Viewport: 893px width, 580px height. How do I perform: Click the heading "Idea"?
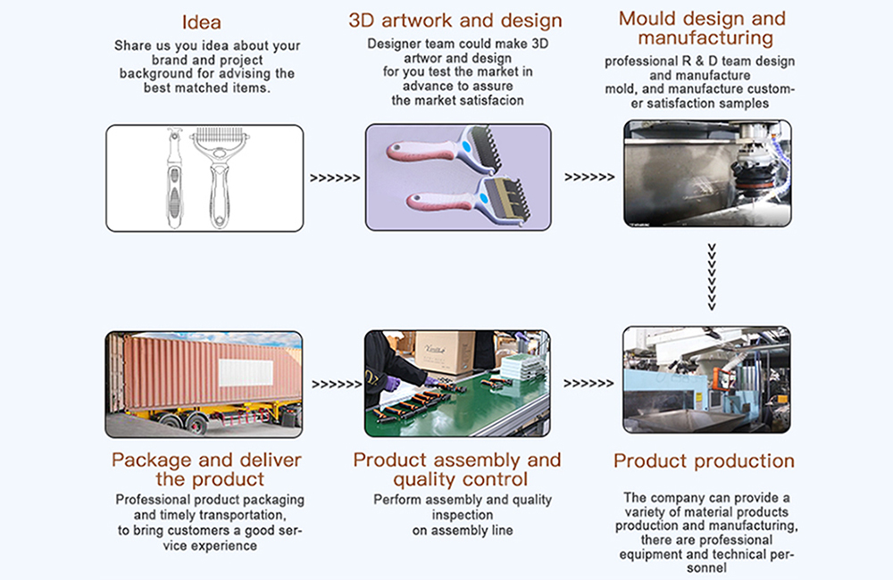[202, 21]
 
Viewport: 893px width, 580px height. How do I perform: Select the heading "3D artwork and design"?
[455, 21]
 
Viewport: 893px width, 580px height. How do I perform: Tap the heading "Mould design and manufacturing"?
[702, 28]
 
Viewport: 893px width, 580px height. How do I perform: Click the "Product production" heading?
[704, 461]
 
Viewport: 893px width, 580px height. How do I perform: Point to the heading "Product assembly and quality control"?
[457, 470]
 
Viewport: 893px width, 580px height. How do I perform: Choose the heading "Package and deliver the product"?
[206, 470]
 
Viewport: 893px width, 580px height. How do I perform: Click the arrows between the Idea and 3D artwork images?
[335, 178]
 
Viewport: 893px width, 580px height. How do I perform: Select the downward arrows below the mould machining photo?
[712, 277]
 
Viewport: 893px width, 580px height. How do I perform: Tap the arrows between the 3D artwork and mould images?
[589, 178]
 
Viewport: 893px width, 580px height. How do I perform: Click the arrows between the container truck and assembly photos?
[335, 385]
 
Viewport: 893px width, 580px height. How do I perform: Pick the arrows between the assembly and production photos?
[589, 385]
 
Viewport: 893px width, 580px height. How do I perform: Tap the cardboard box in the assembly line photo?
[444, 352]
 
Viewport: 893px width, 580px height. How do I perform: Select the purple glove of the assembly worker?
[391, 383]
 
